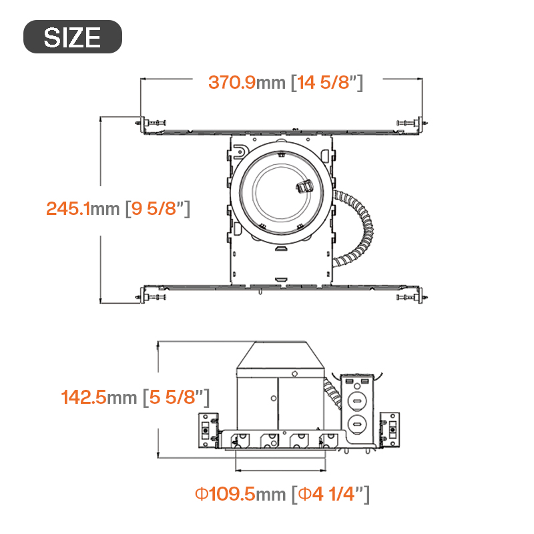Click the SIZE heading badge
coord(73,37)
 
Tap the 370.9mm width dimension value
coord(246,82)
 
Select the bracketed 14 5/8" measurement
coord(327,82)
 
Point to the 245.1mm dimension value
coord(83,208)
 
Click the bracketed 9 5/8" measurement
coord(158,208)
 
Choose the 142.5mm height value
coord(99,397)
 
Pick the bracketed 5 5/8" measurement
coord(176,397)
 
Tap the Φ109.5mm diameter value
coord(240,494)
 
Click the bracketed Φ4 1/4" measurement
coord(330,494)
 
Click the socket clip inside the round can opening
coord(304,187)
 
